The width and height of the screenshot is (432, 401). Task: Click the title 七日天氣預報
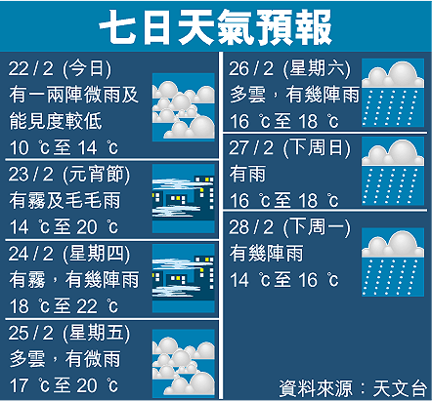216,26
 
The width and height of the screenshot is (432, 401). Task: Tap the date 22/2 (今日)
60,68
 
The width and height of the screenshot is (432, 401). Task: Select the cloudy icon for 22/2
184,107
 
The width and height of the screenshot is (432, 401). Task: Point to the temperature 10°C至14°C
64,147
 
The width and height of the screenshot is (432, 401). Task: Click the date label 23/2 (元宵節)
69,174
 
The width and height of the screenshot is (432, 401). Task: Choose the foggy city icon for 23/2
184,198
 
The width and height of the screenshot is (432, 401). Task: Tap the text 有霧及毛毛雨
65,200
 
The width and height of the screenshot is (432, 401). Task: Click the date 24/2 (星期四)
69,254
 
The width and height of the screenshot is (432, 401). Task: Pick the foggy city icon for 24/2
184,278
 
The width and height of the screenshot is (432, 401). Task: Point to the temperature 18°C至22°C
64,306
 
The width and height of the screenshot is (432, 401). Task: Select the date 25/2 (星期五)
69,333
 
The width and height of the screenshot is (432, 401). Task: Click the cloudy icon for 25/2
184,364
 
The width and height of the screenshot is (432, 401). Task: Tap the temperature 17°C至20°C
64,385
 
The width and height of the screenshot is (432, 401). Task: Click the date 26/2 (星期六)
289,68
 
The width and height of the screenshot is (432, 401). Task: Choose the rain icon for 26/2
393,93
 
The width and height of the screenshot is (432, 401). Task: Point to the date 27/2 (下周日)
289,148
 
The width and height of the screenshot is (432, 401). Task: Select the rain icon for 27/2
393,171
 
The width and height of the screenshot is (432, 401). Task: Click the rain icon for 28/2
393,262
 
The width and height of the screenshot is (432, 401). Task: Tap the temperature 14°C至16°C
284,280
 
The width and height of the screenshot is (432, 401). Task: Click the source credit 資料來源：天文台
353,388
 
